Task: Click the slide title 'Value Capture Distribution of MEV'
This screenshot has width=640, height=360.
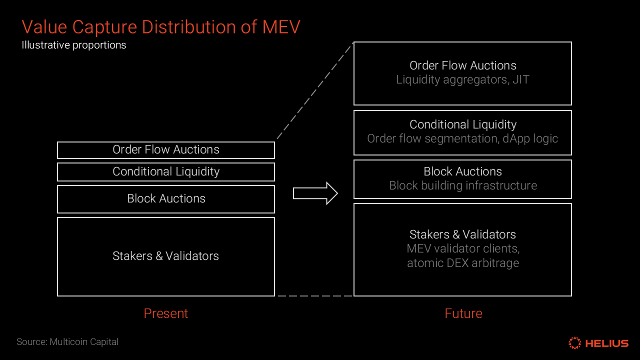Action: click(x=160, y=26)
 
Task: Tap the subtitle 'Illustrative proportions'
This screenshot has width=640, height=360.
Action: click(x=74, y=45)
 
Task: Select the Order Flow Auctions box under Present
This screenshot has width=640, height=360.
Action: click(x=166, y=150)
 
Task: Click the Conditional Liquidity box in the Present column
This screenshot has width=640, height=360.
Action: click(x=166, y=172)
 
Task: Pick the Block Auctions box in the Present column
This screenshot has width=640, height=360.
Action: click(x=166, y=199)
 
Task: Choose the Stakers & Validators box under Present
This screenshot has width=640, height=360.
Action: click(x=166, y=256)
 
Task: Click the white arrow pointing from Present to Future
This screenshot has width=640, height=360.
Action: click(x=315, y=193)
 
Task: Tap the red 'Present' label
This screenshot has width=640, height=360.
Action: click(x=165, y=313)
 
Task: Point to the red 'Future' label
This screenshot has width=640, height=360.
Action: click(x=463, y=313)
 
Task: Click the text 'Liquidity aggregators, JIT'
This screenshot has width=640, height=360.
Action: click(x=462, y=79)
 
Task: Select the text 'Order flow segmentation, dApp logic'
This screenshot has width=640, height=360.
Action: click(x=462, y=138)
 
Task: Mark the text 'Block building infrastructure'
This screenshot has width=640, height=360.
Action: click(x=462, y=185)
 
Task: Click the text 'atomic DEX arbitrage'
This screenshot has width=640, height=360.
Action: click(x=462, y=263)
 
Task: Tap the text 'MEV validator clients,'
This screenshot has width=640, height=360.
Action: click(x=462, y=248)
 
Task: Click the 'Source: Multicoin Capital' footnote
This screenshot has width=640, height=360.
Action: click(x=67, y=342)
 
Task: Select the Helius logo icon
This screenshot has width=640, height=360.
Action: click(x=575, y=343)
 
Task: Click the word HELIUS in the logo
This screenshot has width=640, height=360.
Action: click(x=606, y=343)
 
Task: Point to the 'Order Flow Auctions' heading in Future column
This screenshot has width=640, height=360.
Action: click(x=462, y=65)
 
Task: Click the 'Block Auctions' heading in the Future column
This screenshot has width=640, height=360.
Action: click(x=462, y=171)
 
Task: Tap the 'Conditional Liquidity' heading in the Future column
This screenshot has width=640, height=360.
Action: click(x=462, y=124)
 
